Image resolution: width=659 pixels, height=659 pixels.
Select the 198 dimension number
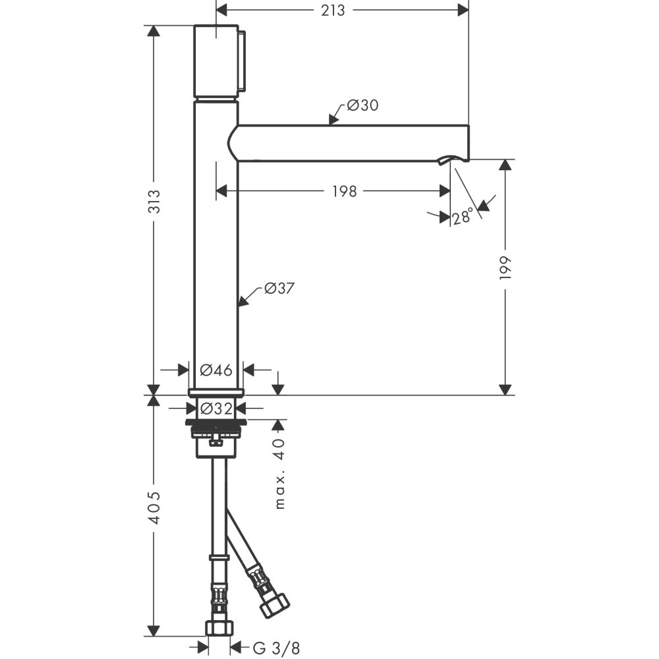(344, 191)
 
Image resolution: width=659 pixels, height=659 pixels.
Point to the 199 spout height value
(505, 268)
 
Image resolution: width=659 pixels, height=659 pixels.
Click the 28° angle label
(463, 216)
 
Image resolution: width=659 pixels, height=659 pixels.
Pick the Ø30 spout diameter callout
(362, 105)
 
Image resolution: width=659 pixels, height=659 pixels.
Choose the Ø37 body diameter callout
(279, 288)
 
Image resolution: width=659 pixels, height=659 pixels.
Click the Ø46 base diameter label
(216, 370)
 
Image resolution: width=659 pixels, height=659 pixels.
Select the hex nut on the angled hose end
(274, 604)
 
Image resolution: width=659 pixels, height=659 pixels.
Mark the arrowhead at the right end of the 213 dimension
(463, 9)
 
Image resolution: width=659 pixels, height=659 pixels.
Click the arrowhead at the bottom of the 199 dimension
(505, 389)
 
